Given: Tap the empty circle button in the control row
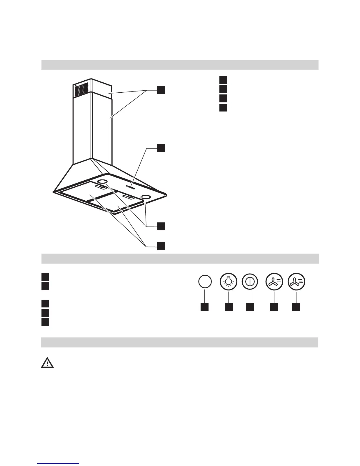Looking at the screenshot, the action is coord(205,282).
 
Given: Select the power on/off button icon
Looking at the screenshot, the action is coord(250,282).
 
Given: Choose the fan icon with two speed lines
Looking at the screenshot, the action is coord(274,282).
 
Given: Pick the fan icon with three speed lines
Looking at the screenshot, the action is coord(296,282).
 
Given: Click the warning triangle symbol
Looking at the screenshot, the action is coord(47,363).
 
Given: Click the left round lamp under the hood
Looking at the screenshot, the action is coord(102,182).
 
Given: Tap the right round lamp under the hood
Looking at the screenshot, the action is coord(145,197).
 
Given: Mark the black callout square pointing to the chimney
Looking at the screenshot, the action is coord(161,90).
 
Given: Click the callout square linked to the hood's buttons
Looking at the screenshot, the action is coord(161,148).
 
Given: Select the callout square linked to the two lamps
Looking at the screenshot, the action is coord(161,226).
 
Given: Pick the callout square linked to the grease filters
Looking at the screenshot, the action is coord(161,246).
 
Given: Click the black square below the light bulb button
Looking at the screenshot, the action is coord(229,307).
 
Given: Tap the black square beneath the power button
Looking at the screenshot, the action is coord(250,307).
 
